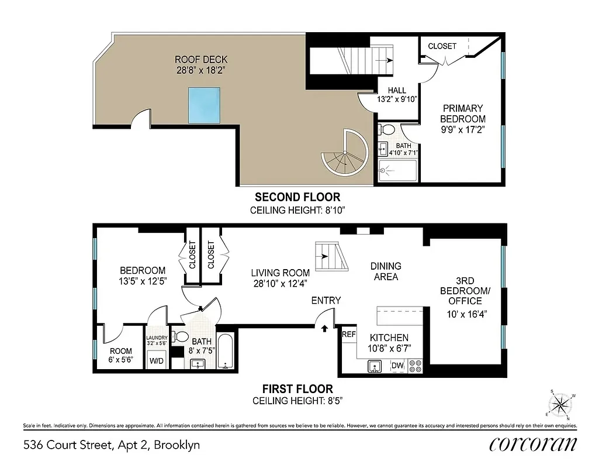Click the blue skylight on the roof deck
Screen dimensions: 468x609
[204, 105]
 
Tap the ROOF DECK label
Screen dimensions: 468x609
[201, 60]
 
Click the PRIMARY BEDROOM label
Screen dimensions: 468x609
[463, 113]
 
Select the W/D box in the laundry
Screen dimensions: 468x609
[157, 361]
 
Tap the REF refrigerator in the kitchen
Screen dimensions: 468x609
[349, 335]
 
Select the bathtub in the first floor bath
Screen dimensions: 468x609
[226, 351]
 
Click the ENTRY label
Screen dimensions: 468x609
[326, 301]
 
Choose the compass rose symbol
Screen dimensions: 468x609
[561, 404]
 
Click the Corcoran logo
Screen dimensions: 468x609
[532, 444]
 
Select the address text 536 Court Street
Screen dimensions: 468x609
[111, 445]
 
